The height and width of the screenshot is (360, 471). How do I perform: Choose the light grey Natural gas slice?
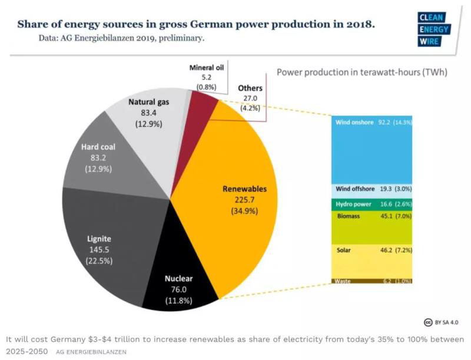point(150,118)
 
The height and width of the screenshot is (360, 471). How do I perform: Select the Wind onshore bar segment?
point(373,150)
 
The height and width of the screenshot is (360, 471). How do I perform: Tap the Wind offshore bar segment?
point(373,190)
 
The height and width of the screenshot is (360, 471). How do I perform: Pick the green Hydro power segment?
point(373,204)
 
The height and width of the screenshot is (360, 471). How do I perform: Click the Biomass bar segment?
point(373,227)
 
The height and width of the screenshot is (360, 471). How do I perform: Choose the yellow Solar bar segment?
point(373,259)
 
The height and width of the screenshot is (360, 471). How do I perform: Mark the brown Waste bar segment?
point(373,280)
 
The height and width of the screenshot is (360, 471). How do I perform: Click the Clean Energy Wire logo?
point(432,29)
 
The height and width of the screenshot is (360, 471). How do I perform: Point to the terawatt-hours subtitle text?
point(362,73)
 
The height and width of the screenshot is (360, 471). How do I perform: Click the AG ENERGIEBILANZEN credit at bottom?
point(91,352)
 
